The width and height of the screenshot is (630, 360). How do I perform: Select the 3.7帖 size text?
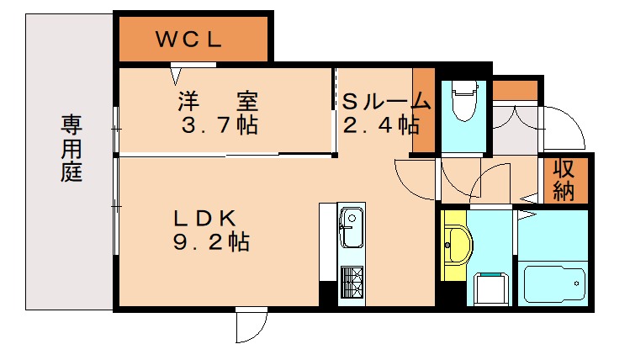point(219,126)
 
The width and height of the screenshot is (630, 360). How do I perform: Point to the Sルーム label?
point(385,102)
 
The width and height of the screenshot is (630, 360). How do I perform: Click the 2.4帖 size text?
point(380,125)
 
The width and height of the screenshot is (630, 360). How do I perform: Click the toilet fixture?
point(463,103)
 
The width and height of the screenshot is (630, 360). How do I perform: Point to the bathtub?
point(554,283)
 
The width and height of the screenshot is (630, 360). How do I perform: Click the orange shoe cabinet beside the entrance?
point(514,89)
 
